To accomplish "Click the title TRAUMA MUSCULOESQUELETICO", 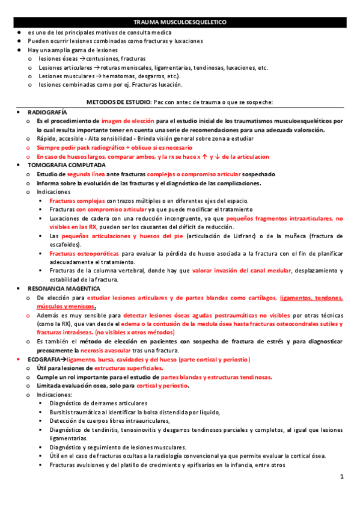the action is pos(180,22).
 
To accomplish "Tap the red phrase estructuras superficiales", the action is pos(127,367).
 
